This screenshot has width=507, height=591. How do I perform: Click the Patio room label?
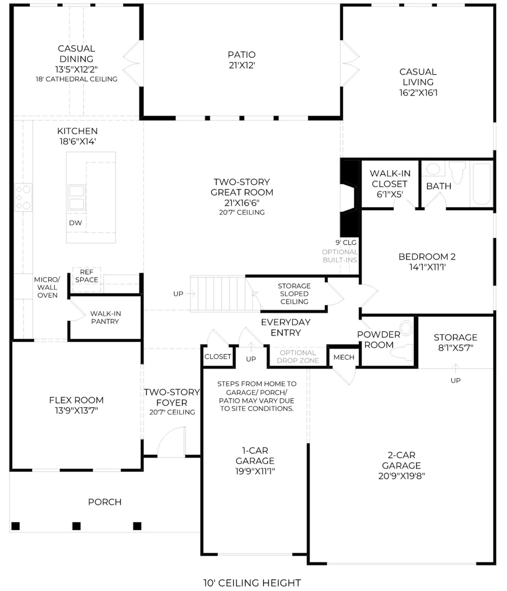pyautogui.click(x=241, y=60)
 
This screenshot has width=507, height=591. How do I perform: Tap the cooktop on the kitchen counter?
pyautogui.click(x=23, y=197)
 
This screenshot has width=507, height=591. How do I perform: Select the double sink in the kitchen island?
pyautogui.click(x=77, y=198)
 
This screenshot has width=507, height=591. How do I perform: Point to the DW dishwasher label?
pyautogui.click(x=75, y=223)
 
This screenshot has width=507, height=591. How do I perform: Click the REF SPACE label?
pyautogui.click(x=87, y=276)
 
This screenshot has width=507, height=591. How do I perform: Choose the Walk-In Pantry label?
pyautogui.click(x=105, y=317)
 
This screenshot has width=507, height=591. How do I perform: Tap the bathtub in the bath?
pyautogui.click(x=482, y=184)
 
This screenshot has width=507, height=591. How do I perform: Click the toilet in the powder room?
pyautogui.click(x=403, y=340)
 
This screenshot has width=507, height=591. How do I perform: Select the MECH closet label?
pyautogui.click(x=344, y=357)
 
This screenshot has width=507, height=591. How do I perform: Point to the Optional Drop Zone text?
pyautogui.click(x=298, y=357)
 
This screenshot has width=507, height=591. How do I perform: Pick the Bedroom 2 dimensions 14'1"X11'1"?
pyautogui.click(x=427, y=267)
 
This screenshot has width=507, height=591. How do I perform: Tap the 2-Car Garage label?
pyautogui.click(x=401, y=465)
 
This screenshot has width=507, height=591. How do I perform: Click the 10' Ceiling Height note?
pyautogui.click(x=252, y=583)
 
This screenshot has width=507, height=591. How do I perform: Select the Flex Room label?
pyautogui.click(x=76, y=405)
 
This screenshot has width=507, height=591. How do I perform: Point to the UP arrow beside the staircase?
pyautogui.click(x=190, y=294)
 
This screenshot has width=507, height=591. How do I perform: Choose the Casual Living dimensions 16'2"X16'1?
pyautogui.click(x=418, y=93)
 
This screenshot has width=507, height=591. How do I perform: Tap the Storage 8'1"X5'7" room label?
pyautogui.click(x=456, y=342)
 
